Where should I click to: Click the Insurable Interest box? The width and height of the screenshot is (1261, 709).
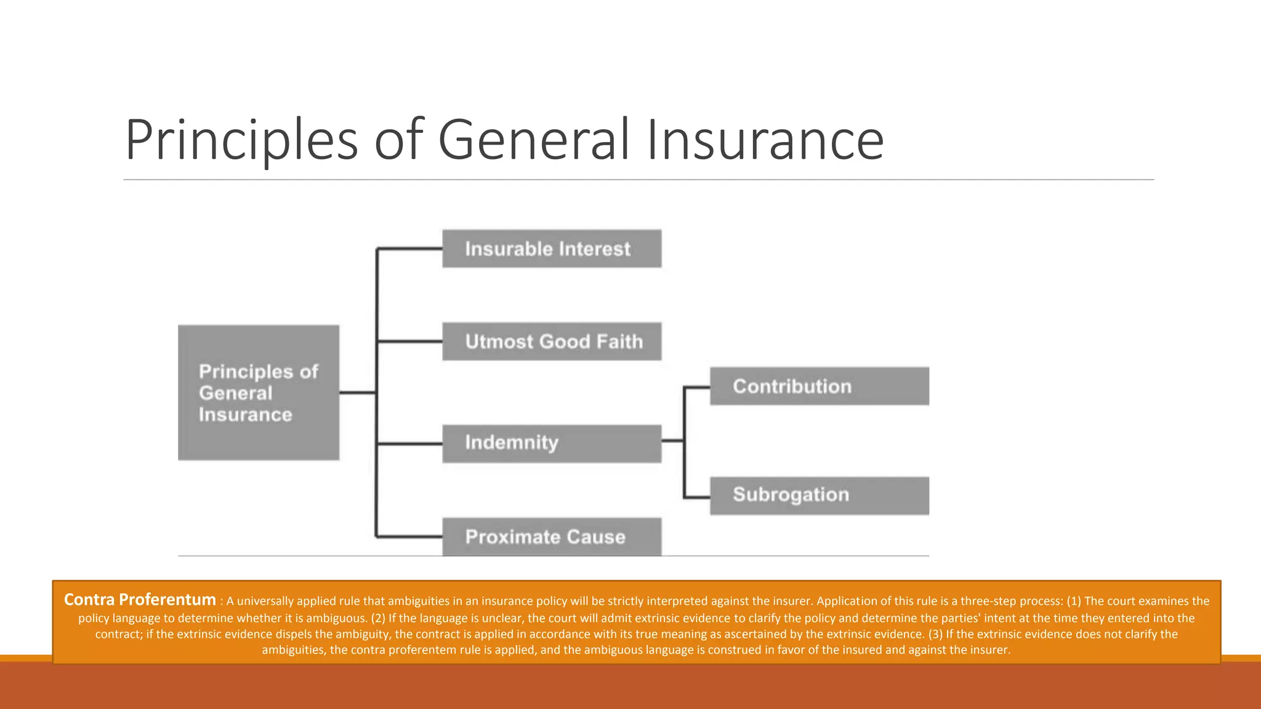pos(552,249)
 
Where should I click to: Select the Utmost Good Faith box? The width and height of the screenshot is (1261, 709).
pos(552,342)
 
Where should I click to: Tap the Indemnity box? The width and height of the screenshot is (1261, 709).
pos(552,443)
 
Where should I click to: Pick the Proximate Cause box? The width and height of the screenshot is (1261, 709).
pos(552,537)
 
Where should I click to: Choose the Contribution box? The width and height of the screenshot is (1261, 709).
pos(819,387)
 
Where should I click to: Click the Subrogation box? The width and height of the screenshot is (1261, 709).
pos(819,495)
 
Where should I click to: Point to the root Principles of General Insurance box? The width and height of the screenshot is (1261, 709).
pos(259,393)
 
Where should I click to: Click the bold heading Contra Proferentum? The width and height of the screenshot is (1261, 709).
pos(140,599)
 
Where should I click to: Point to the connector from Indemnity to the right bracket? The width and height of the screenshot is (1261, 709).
pos(672,441)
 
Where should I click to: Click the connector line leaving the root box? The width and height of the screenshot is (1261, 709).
pos(357,393)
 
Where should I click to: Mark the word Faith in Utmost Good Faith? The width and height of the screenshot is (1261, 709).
pos(619,342)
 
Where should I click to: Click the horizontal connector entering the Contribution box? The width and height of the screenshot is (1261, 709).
pos(697,387)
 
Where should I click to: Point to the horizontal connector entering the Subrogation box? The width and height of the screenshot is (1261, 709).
pos(697,497)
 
